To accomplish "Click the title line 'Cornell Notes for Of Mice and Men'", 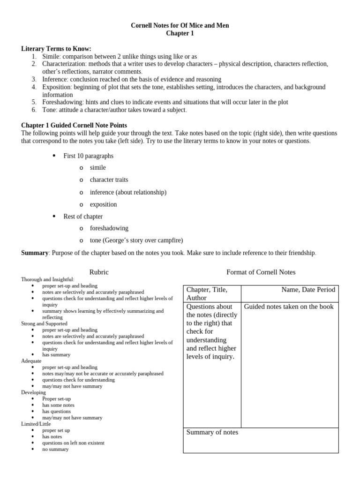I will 180,25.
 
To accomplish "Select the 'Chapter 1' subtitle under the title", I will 180,33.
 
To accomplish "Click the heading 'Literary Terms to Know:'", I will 56,49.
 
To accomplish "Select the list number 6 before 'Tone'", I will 34,110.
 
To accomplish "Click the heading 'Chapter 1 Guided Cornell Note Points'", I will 74,125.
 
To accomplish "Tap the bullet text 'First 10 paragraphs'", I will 88,156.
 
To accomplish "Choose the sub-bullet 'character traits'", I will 109,180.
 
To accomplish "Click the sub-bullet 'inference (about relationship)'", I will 128,192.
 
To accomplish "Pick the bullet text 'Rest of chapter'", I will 83,217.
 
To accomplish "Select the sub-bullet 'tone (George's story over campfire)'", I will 136,240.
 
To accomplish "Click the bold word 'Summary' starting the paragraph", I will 35,253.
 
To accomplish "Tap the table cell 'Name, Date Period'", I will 308,290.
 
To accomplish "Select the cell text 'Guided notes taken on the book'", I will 289,307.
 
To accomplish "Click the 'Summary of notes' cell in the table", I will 212,432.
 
